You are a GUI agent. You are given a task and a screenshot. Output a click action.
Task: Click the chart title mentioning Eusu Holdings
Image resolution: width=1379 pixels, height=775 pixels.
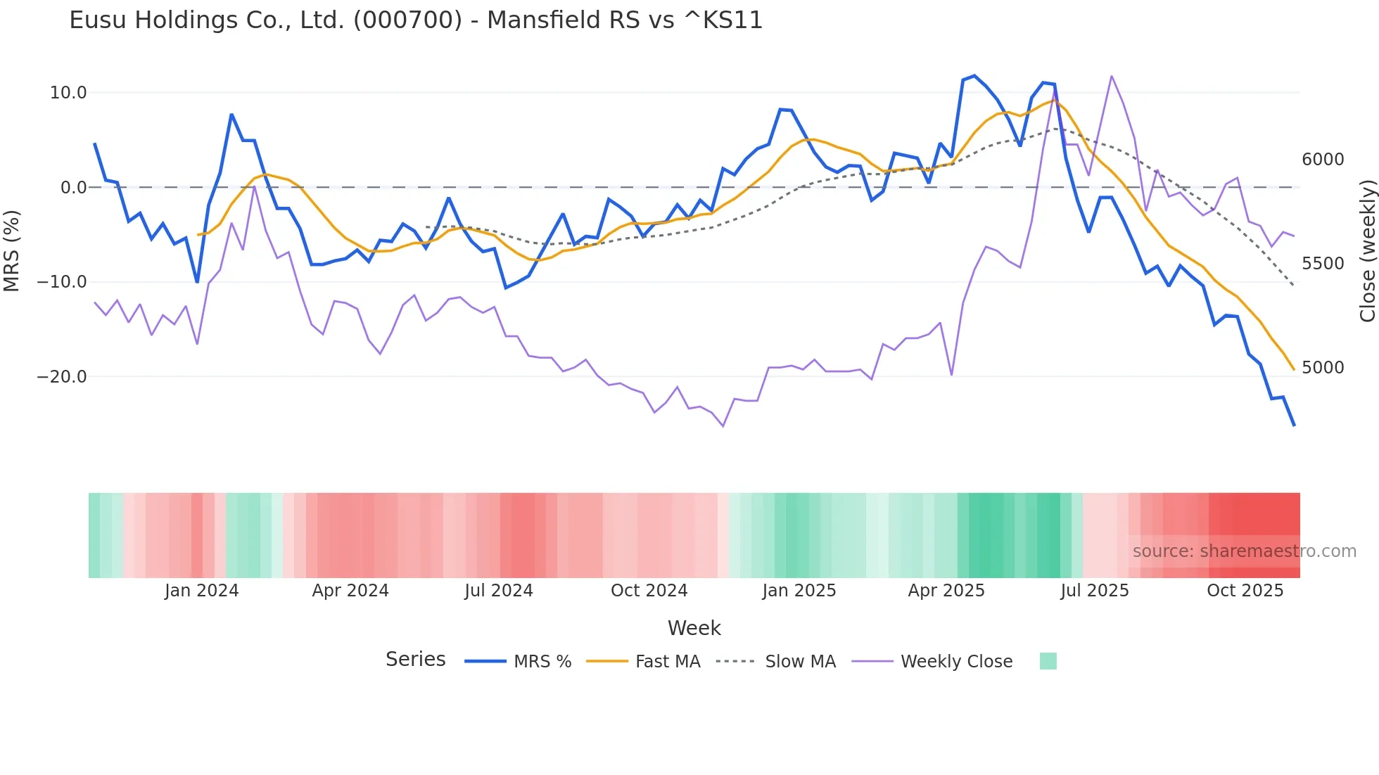point(416,20)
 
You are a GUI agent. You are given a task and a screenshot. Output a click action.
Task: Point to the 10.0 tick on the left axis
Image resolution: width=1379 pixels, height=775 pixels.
point(68,93)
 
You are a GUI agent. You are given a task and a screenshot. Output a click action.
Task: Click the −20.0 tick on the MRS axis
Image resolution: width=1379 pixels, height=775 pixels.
point(62,377)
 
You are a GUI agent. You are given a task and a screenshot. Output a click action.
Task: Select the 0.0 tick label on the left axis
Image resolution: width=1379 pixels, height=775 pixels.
point(73,188)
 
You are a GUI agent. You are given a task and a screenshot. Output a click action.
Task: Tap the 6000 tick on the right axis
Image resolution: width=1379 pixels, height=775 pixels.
point(1323,160)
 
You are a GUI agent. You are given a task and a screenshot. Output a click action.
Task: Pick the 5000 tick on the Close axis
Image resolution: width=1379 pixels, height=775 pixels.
point(1323,368)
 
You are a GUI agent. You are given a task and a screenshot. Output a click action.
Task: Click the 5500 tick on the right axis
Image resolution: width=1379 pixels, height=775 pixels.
point(1323,264)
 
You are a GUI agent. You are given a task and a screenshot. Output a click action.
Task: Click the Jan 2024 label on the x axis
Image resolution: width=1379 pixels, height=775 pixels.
point(202,591)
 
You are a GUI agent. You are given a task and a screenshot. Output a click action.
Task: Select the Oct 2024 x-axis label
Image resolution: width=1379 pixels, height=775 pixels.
point(649,591)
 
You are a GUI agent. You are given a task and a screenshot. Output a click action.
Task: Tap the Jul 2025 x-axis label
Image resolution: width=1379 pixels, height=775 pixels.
point(1095,591)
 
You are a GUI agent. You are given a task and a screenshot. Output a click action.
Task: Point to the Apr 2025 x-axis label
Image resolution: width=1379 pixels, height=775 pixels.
point(946,591)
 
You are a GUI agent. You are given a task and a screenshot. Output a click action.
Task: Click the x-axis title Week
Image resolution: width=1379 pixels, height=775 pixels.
point(694,628)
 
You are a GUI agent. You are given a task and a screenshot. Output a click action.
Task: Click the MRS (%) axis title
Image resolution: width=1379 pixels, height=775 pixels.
point(12,250)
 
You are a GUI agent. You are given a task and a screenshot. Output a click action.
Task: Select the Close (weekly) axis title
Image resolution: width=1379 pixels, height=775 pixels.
point(1367,250)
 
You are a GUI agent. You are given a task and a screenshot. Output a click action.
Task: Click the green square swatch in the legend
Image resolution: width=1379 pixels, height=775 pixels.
point(1048,661)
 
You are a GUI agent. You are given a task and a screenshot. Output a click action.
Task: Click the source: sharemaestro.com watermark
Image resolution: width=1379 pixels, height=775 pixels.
point(1244,551)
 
